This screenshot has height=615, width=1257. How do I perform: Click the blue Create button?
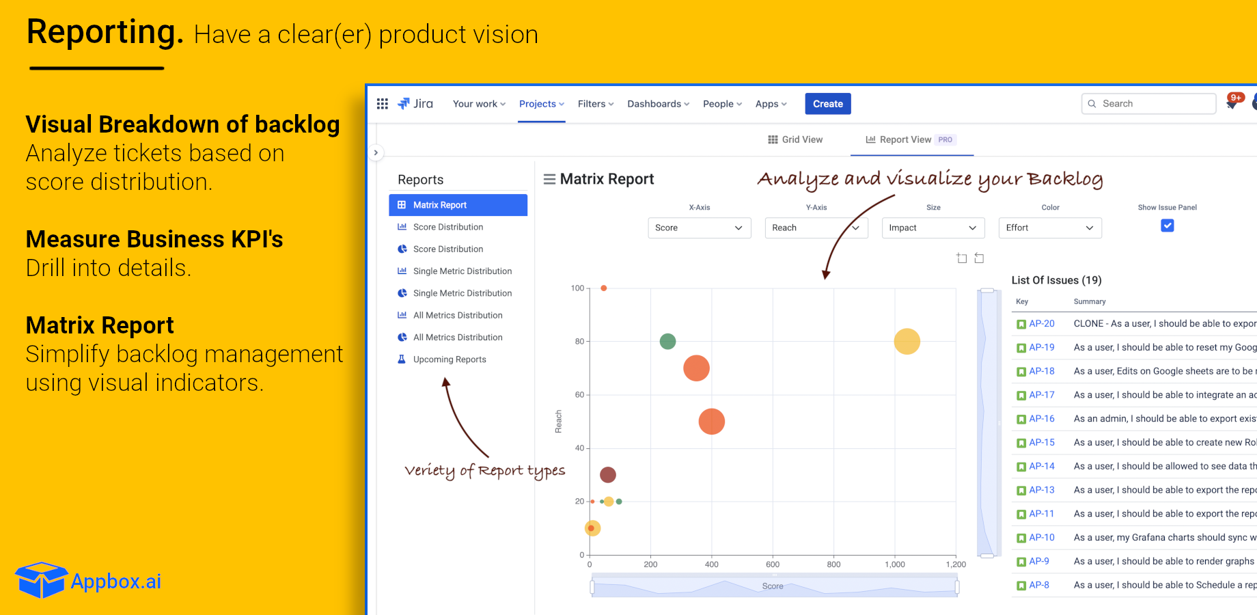pos(827,104)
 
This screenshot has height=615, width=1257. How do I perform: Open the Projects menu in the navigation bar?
pos(541,104)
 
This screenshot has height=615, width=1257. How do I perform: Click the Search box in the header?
pos(1149,104)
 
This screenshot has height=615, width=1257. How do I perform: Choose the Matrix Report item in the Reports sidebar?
pos(458,205)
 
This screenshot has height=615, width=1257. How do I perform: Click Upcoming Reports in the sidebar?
pos(449,359)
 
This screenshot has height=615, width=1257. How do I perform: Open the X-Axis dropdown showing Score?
pos(699,228)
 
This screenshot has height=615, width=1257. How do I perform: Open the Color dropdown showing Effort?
pos(1049,228)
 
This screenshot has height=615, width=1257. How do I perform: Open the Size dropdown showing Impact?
pos(933,228)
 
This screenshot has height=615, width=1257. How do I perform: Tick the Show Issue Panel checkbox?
pos(1167,225)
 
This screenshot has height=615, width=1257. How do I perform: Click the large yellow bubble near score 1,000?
pos(907,341)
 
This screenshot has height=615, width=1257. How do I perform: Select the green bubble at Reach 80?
pos(667,341)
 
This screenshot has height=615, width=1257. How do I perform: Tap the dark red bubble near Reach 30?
pos(607,474)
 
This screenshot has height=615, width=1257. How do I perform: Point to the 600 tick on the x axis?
pos(773,564)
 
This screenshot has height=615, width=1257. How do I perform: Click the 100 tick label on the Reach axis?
pos(577,288)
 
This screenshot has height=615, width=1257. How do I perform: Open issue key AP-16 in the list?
pos(1041,419)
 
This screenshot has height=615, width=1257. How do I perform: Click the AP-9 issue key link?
pos(1038,561)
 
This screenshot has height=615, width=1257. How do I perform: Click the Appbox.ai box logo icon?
pos(41,580)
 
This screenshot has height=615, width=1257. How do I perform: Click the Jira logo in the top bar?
pos(415,104)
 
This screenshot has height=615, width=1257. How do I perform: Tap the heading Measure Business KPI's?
pos(154,239)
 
